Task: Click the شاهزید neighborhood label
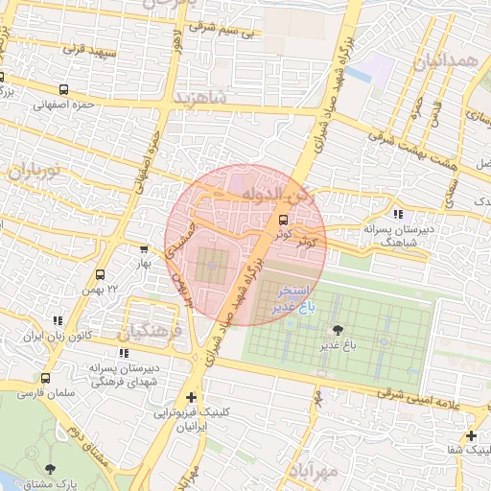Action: [200, 99]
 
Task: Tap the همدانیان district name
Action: [444, 64]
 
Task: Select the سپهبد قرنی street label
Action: [88, 47]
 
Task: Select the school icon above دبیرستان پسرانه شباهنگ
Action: [397, 214]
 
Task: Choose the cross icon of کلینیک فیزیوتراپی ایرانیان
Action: [193, 397]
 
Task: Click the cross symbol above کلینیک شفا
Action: [472, 435]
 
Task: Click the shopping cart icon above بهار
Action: [144, 248]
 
